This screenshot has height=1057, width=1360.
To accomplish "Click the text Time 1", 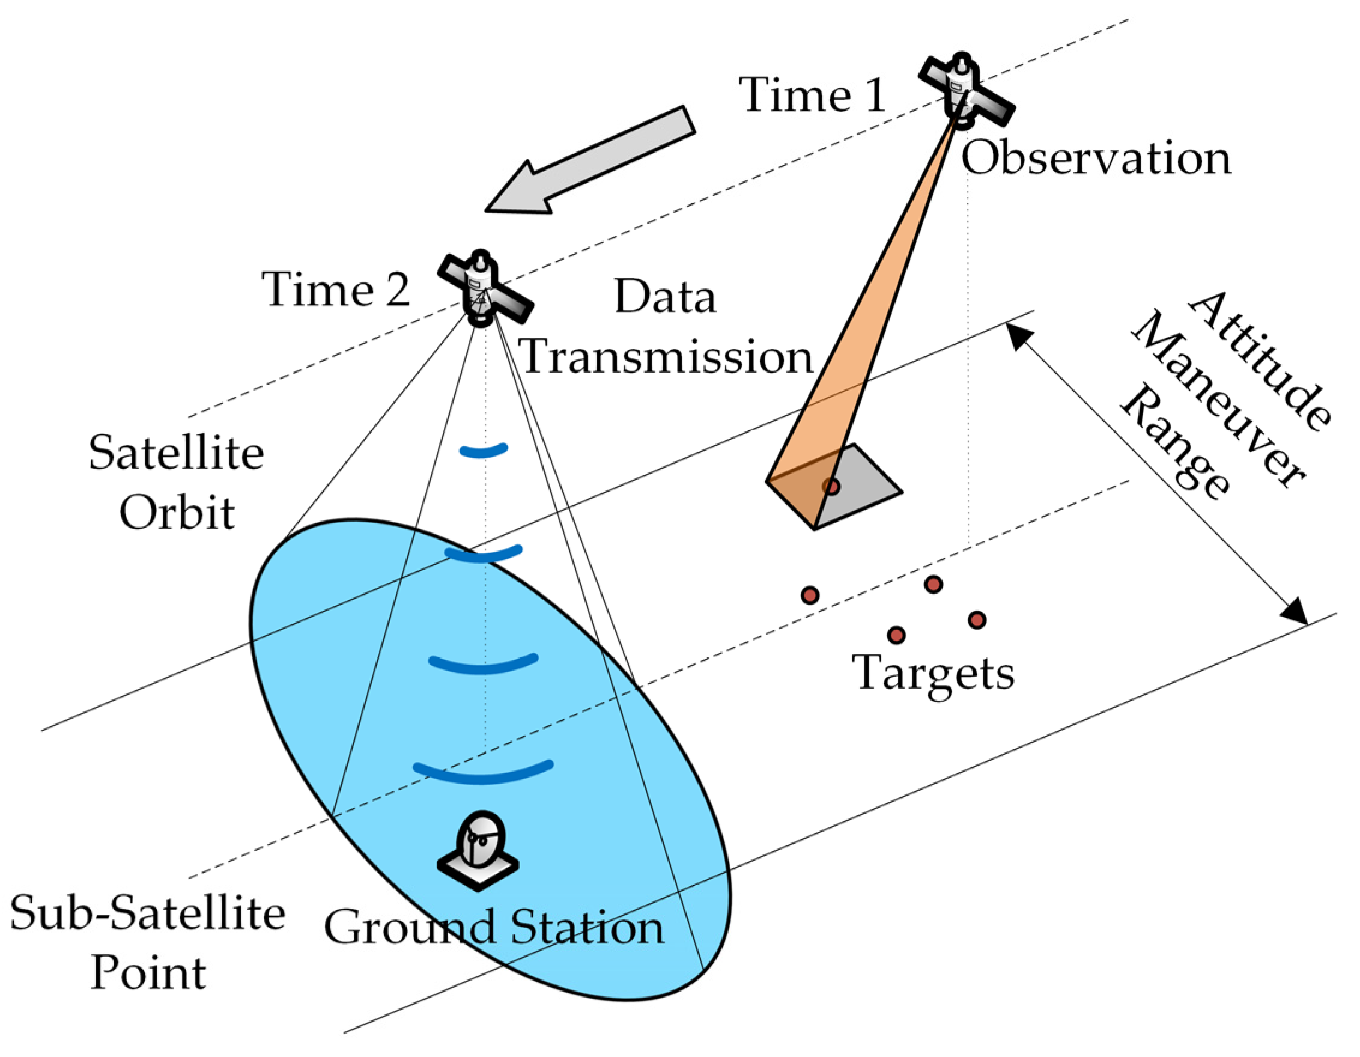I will [x=812, y=95].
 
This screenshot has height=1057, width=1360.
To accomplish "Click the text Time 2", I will [x=336, y=290].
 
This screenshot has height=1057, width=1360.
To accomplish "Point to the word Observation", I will [x=1096, y=158].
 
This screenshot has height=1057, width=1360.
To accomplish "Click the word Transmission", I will [x=666, y=357].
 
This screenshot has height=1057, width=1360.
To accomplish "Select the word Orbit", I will [x=177, y=513].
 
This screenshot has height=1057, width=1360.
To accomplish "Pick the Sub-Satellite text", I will [x=148, y=913].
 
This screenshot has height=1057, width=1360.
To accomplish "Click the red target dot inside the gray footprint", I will [x=831, y=486].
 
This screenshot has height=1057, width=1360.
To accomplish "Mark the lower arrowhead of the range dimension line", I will [x=1295, y=611].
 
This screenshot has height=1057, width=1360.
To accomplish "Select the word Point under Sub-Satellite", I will [x=148, y=973].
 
